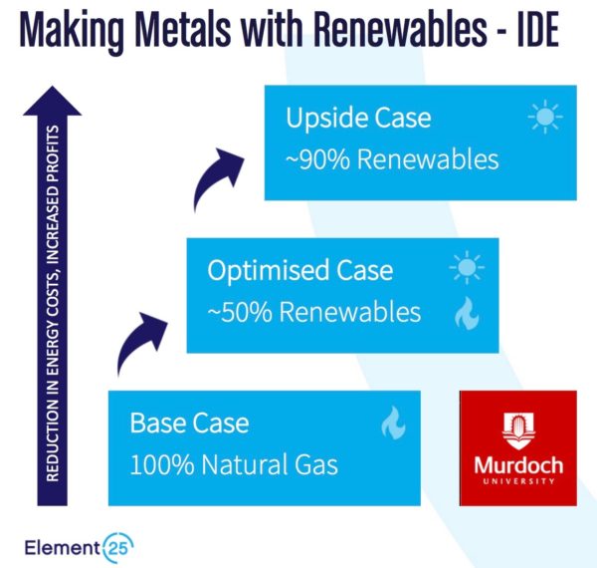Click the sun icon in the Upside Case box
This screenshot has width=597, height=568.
pyautogui.click(x=545, y=117)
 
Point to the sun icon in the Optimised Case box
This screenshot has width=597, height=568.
pyautogui.click(x=467, y=267)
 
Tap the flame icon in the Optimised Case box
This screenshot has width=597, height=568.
pyautogui.click(x=467, y=313)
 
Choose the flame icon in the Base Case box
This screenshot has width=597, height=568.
pyautogui.click(x=393, y=423)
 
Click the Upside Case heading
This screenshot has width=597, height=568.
pyautogui.click(x=358, y=118)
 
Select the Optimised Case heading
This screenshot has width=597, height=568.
pyautogui.click(x=300, y=270)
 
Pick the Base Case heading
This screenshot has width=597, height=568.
pyautogui.click(x=189, y=423)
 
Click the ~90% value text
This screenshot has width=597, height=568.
pyautogui.click(x=318, y=159)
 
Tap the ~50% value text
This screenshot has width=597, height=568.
pyautogui.click(x=240, y=312)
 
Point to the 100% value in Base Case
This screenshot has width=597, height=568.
pyautogui.click(x=162, y=464)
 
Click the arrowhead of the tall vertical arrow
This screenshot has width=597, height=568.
pyautogui.click(x=52, y=101)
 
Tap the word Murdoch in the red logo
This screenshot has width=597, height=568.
pyautogui.click(x=518, y=465)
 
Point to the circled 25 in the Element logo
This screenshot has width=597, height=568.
pyautogui.click(x=117, y=547)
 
